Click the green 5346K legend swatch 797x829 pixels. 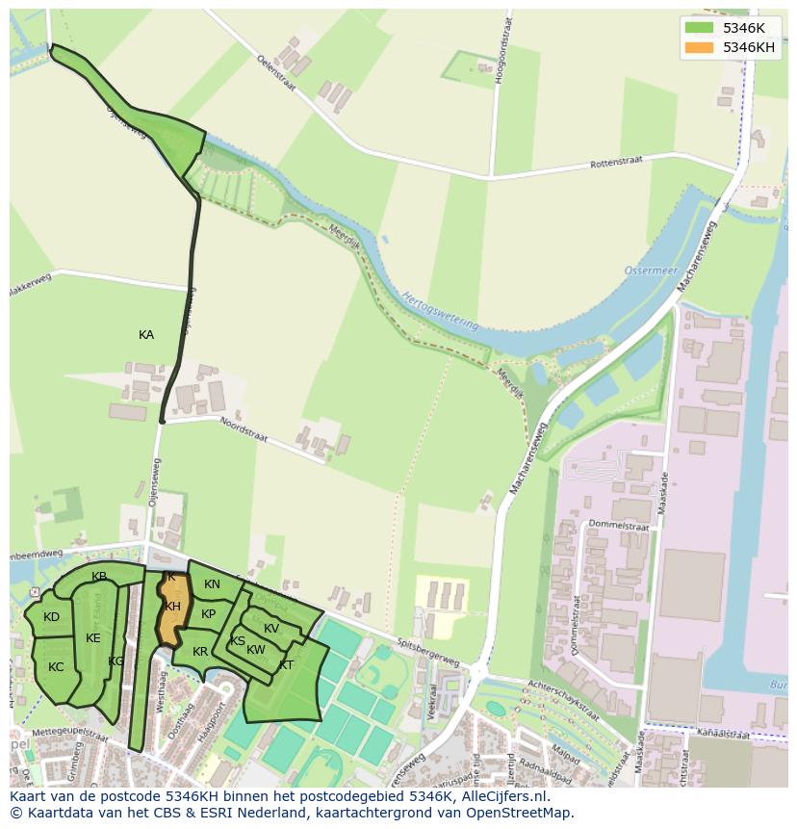[x=699, y=27]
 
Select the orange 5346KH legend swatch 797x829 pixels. [x=699, y=47]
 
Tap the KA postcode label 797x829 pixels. [x=146, y=335]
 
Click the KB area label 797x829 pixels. [x=99, y=577]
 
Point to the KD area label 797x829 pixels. [x=52, y=617]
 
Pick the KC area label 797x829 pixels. [x=56, y=667]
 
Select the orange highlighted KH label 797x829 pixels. [x=172, y=607]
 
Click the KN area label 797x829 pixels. [x=212, y=584]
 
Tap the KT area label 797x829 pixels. [x=286, y=665]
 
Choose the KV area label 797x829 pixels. [x=271, y=629]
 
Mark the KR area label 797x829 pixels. [x=200, y=652]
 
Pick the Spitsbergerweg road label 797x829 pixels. [x=429, y=646]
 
